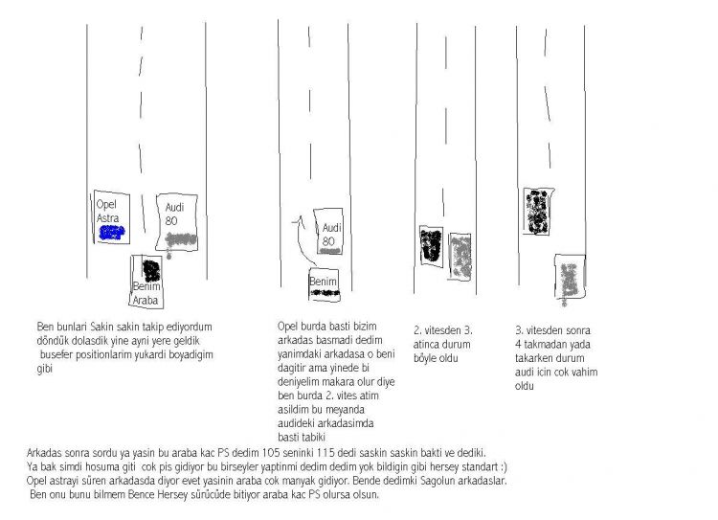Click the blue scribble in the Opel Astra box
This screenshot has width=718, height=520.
pyautogui.click(x=112, y=233)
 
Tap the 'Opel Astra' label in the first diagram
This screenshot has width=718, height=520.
pyautogui.click(x=108, y=212)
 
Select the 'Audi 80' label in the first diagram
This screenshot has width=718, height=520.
pyautogui.click(x=174, y=214)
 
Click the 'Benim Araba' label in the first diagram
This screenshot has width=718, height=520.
pyautogui.click(x=146, y=293)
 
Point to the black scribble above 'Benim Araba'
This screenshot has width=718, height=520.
pyautogui.click(x=151, y=270)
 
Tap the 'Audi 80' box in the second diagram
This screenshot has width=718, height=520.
pyautogui.click(x=328, y=231)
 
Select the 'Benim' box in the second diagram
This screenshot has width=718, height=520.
pyautogui.click(x=325, y=284)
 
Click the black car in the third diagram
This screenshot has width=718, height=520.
pyautogui.click(x=432, y=246)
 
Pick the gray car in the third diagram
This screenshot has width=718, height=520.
pyautogui.click(x=460, y=256)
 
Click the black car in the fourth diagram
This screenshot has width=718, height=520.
pyautogui.click(x=538, y=212)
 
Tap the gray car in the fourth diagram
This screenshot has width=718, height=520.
pyautogui.click(x=570, y=278)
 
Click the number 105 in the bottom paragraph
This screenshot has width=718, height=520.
pyautogui.click(x=271, y=453)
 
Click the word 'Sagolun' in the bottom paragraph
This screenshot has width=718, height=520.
pyautogui.click(x=438, y=481)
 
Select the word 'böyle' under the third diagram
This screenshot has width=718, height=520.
pyautogui.click(x=426, y=358)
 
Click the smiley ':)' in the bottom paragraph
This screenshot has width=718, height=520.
pyautogui.click(x=504, y=467)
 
